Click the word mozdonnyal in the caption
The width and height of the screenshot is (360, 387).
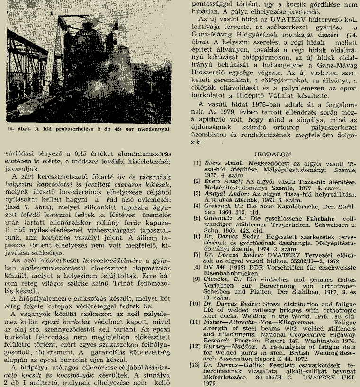[x=160, y=129]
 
